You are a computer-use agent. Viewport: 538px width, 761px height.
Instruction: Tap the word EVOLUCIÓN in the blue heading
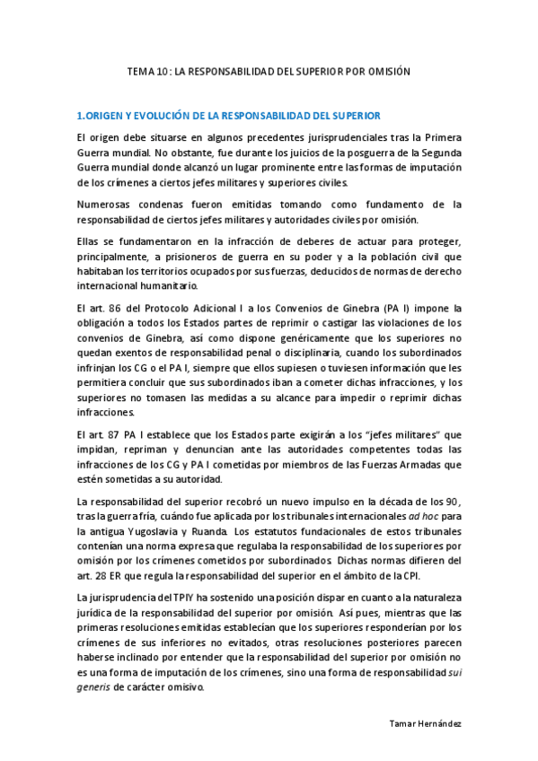(x=159, y=116)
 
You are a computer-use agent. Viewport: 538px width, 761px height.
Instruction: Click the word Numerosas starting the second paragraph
(x=106, y=205)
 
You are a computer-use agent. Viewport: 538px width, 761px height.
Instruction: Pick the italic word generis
(x=94, y=687)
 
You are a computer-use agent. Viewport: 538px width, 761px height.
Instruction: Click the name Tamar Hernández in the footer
(x=426, y=723)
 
